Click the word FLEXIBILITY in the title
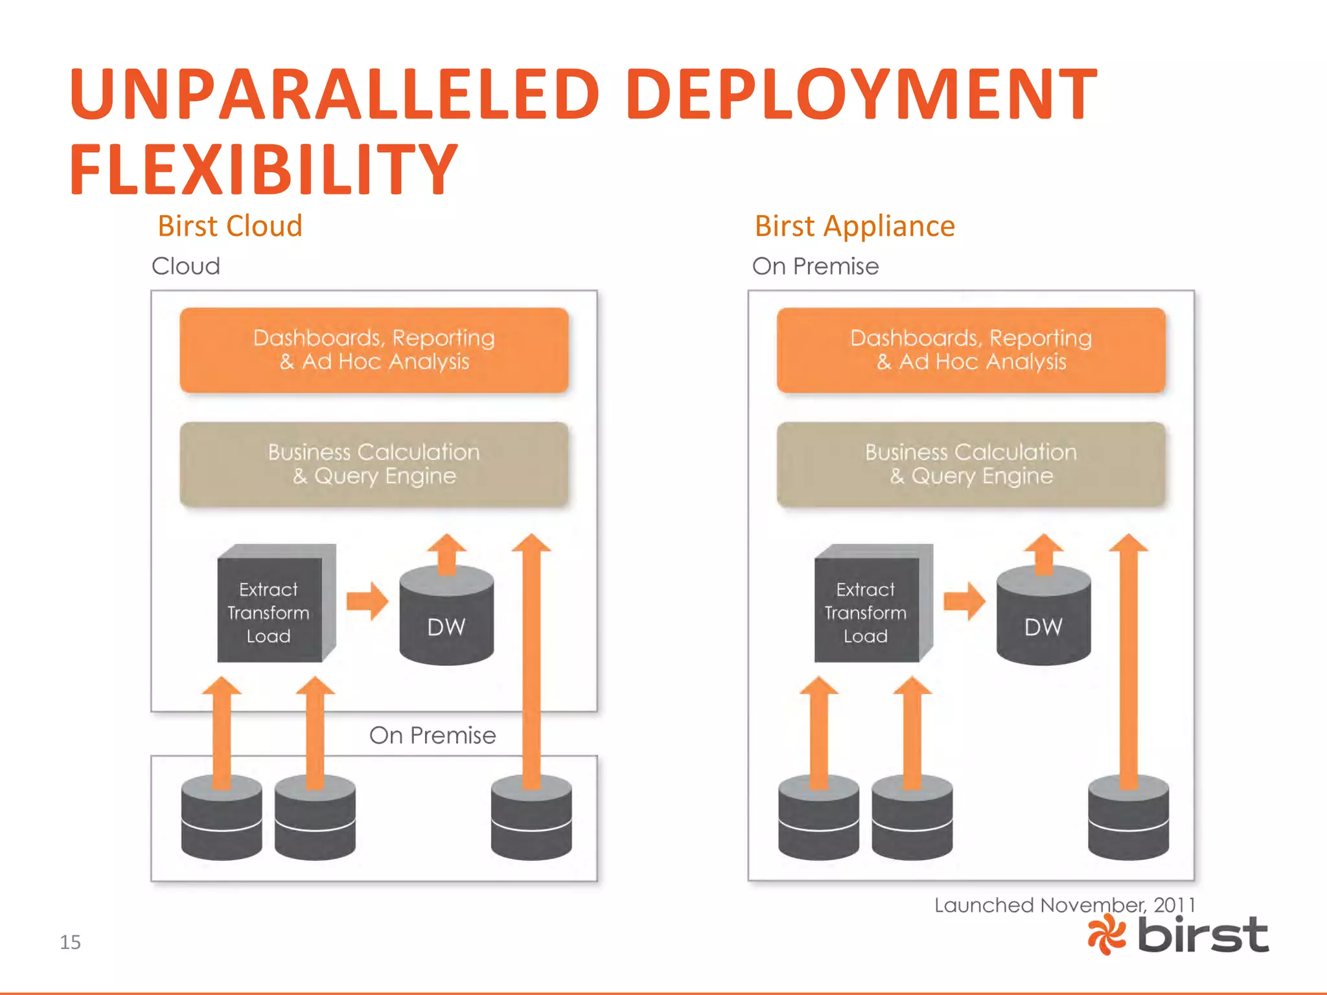264,170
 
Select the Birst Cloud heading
230,226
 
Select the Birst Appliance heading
855,226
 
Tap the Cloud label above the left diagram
186,266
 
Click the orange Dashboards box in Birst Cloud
374,350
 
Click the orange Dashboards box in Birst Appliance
971,350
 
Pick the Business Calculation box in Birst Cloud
374,464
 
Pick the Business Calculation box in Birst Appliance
971,464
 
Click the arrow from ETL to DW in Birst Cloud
367,601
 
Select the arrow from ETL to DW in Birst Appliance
964,601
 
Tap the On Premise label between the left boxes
432,735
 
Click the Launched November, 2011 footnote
1064,905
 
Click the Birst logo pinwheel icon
1107,935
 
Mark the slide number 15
70,942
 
